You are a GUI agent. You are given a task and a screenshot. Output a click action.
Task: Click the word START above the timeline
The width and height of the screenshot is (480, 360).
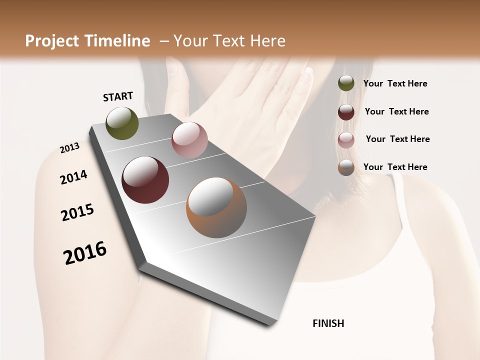118,96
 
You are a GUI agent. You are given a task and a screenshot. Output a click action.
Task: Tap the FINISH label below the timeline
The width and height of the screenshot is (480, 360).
328,323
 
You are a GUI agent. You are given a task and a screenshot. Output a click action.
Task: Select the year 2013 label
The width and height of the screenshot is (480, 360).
70,148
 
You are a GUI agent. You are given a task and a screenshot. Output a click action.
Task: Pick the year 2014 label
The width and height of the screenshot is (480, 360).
74,177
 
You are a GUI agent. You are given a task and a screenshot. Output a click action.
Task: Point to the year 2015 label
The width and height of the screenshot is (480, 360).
77,212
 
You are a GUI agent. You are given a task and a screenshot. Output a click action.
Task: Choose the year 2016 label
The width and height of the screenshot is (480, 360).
85,253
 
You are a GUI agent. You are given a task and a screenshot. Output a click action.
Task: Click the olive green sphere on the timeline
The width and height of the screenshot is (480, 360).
122,123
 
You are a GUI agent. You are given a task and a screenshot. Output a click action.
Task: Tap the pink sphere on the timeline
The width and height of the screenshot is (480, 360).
189,140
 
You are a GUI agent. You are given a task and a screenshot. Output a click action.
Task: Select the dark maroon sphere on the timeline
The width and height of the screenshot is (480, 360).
145,180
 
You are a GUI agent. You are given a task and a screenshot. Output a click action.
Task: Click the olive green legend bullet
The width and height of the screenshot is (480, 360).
346,83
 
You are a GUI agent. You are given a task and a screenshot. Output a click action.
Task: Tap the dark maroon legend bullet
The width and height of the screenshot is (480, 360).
346,112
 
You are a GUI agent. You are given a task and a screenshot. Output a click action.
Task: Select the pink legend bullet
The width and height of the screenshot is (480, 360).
346,140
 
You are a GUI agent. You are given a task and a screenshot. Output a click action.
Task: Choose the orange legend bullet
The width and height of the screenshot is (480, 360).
346,167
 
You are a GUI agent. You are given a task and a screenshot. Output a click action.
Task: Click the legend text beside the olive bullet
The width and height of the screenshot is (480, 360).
395,83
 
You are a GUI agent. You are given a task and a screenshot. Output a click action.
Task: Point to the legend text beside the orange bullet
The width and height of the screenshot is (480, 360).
395,167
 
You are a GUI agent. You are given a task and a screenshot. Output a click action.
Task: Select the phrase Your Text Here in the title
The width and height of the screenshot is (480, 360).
229,41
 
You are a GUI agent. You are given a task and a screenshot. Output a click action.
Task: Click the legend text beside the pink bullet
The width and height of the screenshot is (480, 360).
397,139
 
